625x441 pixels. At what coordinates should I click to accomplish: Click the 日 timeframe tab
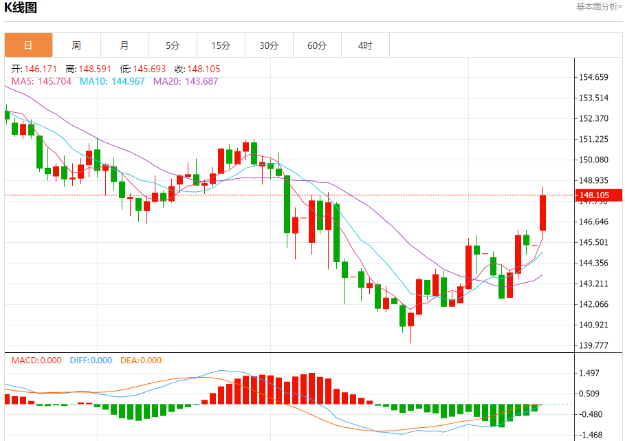pos(28,45)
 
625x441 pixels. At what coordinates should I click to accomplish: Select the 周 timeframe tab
pos(76,45)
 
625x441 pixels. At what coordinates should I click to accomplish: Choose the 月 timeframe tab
pos(124,45)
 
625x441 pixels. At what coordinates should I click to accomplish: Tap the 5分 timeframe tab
pos(173,45)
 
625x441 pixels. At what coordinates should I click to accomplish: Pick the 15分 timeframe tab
pos(221,45)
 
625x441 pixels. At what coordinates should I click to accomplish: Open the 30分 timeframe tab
pos(269,45)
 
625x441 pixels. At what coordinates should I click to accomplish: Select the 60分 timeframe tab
pos(317,45)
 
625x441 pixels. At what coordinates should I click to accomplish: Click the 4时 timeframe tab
pos(365,45)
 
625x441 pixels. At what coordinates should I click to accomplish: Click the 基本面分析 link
pos(599,7)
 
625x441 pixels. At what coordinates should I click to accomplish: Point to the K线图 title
pos(21,8)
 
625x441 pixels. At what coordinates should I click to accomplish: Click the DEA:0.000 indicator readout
pos(141,360)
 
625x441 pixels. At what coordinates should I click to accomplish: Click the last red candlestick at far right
pos(542,213)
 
